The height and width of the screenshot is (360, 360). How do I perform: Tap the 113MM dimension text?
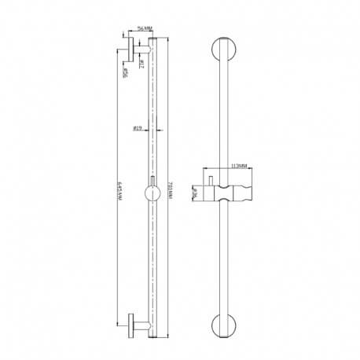click(239, 167)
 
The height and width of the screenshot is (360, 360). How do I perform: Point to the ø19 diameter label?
click(138, 127)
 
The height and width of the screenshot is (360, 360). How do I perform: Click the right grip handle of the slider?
click(247, 193)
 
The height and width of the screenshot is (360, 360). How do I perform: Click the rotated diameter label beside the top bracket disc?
click(124, 72)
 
